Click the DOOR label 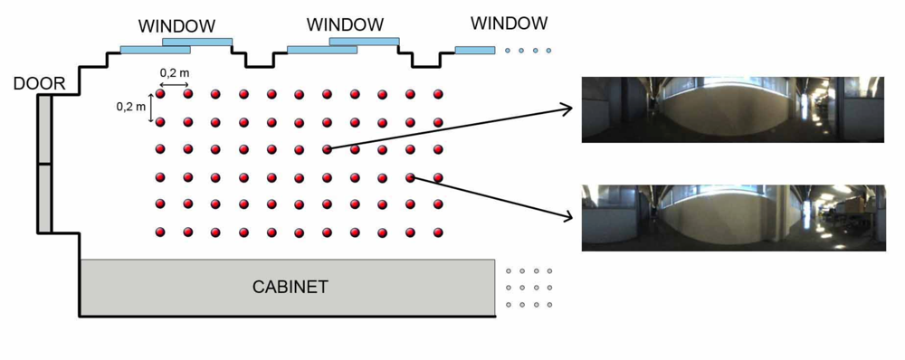(x=39, y=84)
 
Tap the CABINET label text (x=290, y=288)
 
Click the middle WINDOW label (x=345, y=24)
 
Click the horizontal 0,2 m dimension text (x=175, y=71)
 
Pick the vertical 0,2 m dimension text (x=131, y=107)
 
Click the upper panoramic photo (x=731, y=109)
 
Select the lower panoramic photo (x=731, y=217)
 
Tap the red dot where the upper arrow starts (x=327, y=149)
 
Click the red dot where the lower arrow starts (x=410, y=177)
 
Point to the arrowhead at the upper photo (x=567, y=109)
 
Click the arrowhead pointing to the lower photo (x=567, y=217)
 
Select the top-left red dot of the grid (x=160, y=93)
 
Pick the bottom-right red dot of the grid (x=438, y=232)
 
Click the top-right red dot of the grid (x=438, y=93)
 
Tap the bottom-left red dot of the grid (x=160, y=232)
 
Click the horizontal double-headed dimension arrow (x=174, y=83)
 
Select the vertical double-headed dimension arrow (x=152, y=107)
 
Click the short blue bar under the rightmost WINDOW (x=474, y=50)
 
